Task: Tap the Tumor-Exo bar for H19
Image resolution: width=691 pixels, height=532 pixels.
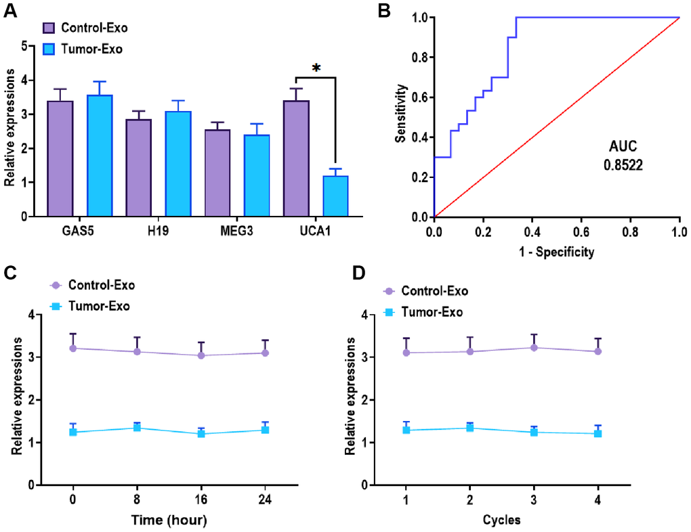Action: coord(177,164)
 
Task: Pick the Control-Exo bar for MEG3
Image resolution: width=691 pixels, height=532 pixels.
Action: coord(217,173)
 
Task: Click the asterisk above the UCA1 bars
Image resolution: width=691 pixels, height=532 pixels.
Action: coord(316,69)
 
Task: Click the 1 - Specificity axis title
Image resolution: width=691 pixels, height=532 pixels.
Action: coord(556,252)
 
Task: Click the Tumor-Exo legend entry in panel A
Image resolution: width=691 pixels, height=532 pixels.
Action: coord(83,49)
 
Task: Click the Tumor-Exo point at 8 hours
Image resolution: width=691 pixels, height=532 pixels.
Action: coord(137,428)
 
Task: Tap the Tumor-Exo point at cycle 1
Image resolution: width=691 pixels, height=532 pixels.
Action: coord(406,430)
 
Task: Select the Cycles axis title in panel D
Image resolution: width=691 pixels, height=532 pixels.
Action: coord(502,520)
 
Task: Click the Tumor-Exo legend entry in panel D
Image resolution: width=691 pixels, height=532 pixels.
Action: coord(424,312)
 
